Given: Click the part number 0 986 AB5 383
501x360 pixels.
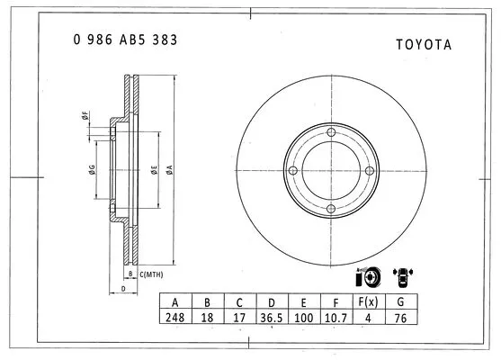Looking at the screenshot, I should point(124,40).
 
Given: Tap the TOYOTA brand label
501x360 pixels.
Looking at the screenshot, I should point(423,44).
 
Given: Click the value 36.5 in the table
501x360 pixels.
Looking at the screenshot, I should point(269,318).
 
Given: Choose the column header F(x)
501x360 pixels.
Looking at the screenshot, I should point(366,301).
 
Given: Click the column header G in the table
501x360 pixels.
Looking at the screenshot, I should point(400,301).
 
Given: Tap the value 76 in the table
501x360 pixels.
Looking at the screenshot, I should point(400,318).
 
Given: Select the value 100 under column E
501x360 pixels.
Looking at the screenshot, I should point(301,318).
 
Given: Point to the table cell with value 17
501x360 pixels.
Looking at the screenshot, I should point(237,318).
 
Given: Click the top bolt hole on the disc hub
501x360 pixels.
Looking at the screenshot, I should point(331,133).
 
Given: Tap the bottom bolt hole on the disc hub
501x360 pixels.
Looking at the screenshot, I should point(331,210).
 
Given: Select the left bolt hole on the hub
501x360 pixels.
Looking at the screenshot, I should point(292,172).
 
